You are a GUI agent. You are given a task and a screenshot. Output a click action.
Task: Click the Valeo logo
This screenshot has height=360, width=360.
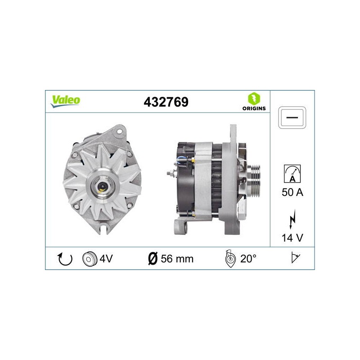coord(65,101)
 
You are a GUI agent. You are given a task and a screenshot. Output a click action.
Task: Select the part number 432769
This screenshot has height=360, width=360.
coord(166,102)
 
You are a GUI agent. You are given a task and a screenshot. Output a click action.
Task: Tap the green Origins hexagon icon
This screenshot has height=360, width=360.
coord(254,99)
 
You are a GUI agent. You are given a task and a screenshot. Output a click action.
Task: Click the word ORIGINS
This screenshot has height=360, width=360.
coord(254,108)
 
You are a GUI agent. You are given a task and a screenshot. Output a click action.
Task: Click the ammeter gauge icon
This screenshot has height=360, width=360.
coord(292,174)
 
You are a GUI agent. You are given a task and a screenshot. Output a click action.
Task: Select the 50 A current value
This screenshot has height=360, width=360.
coord(292,192)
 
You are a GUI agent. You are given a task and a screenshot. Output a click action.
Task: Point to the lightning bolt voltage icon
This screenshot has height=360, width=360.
coord(292,219)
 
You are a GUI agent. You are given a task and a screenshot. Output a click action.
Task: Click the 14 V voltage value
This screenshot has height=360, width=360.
coord(292,238)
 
